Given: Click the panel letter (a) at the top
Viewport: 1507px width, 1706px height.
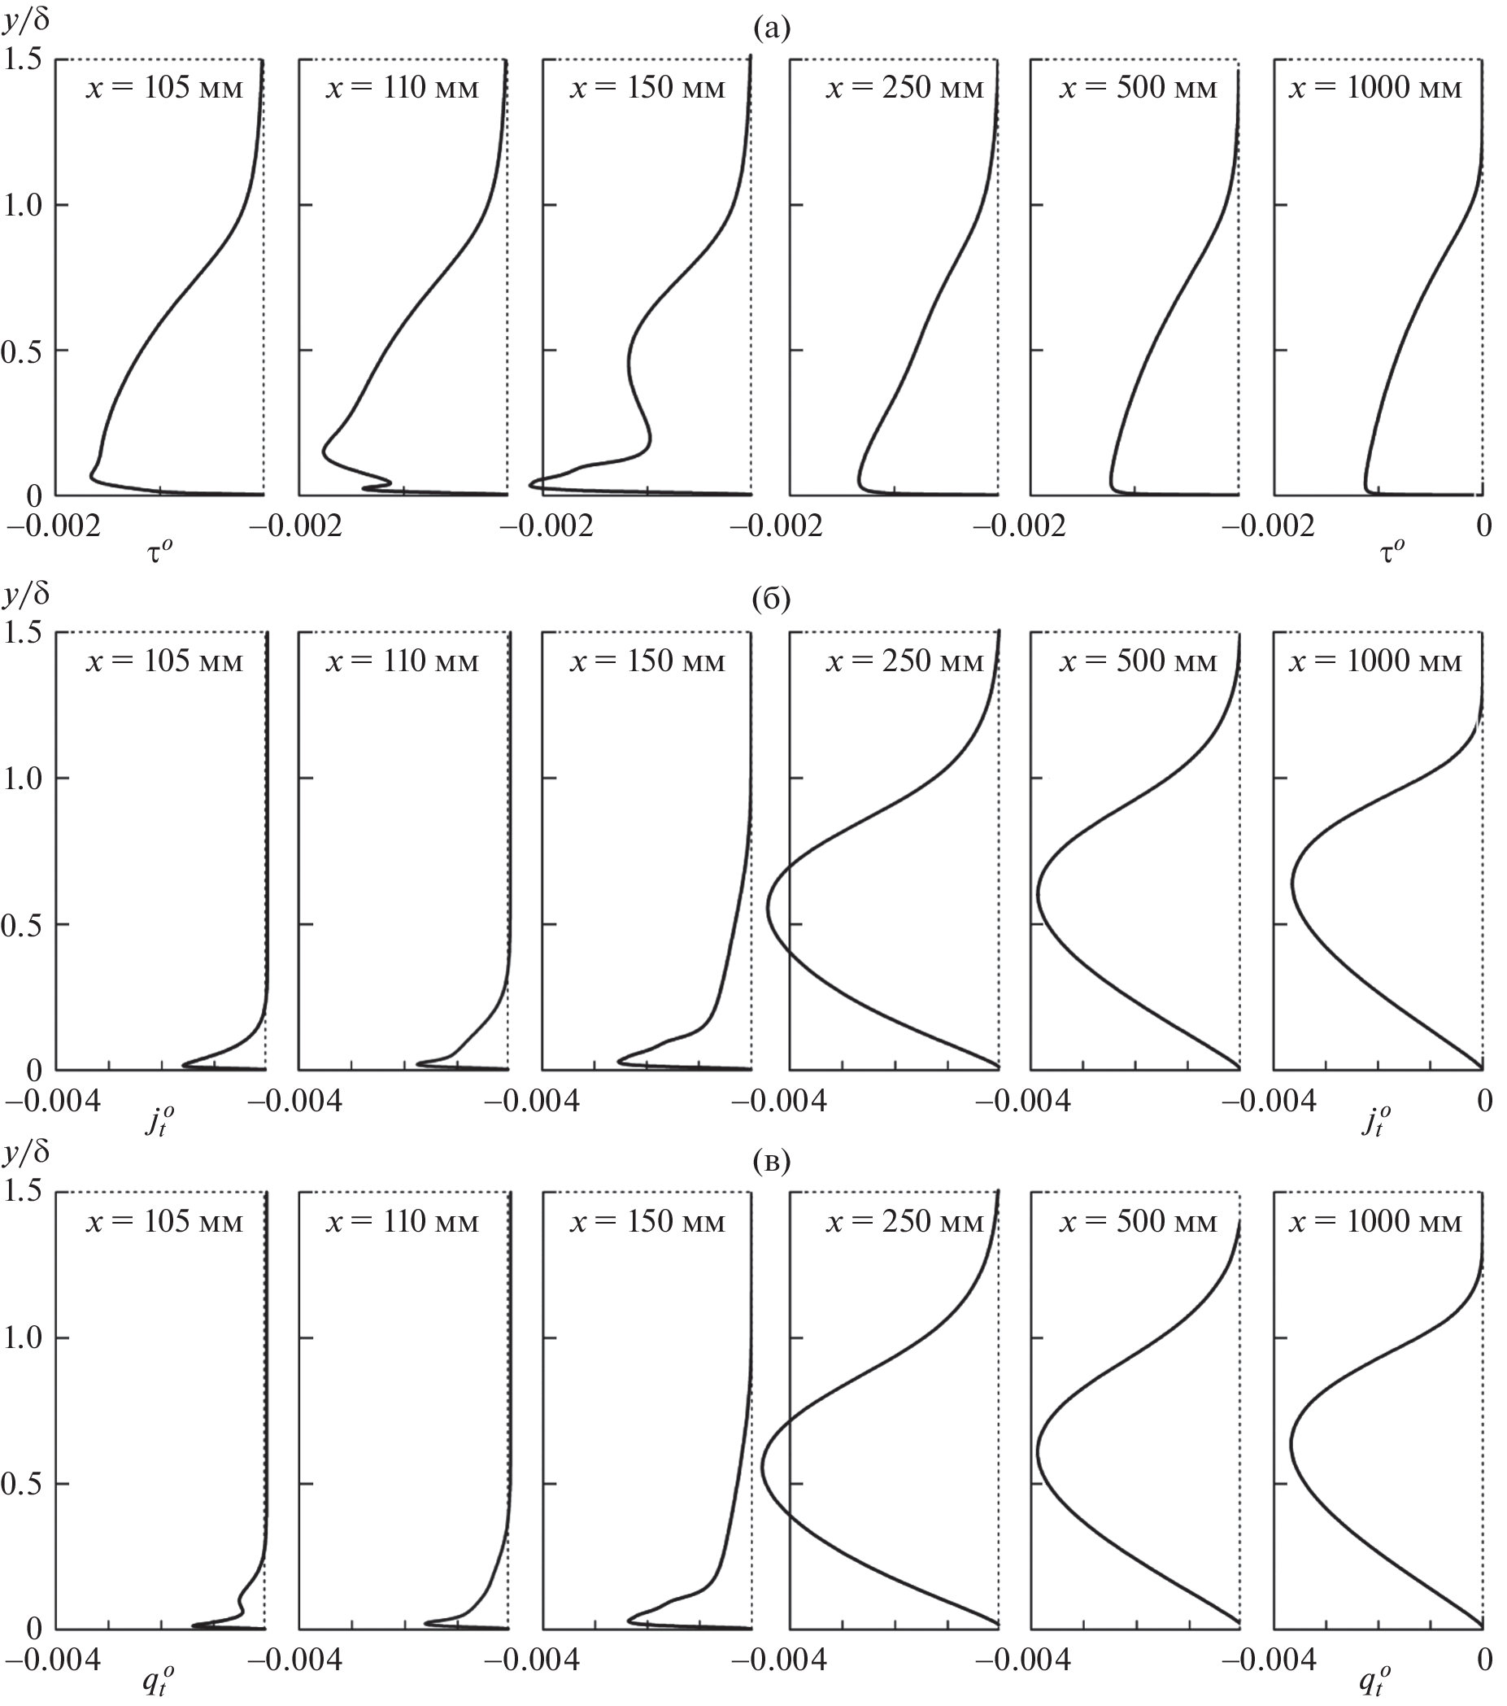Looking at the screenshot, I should pyautogui.click(x=770, y=29).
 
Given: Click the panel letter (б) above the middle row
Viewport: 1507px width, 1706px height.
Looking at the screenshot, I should pyautogui.click(x=770, y=600).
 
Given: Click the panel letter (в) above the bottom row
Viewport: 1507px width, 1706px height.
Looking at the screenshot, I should pyautogui.click(x=770, y=1161).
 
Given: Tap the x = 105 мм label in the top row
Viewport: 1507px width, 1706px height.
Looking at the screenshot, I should pyautogui.click(x=164, y=88).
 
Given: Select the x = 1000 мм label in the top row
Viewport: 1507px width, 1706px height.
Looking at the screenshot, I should pyautogui.click(x=1376, y=88).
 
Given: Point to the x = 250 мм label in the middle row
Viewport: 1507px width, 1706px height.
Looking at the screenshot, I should pyautogui.click(x=905, y=661).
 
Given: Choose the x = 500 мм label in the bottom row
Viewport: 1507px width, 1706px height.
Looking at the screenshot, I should pyautogui.click(x=1138, y=1222).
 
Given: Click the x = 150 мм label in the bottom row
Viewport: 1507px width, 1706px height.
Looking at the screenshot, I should pyautogui.click(x=647, y=1222).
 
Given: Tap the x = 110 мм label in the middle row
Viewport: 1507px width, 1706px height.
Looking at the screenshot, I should pyautogui.click(x=403, y=661).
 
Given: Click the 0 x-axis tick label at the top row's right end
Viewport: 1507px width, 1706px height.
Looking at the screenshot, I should pyautogui.click(x=1483, y=526).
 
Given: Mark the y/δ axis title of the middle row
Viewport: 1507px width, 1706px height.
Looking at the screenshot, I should pyautogui.click(x=27, y=594).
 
